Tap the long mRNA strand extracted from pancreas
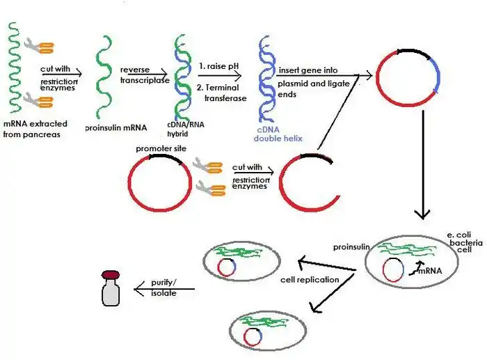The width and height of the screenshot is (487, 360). coord(13,70)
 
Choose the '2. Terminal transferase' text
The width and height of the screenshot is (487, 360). coord(221,93)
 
